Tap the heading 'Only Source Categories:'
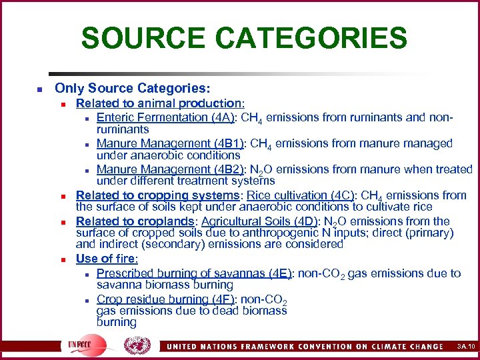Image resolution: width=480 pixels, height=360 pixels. [132, 88]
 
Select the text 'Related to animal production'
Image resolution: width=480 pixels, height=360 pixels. [159, 103]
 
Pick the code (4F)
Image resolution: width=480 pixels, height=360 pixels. [219, 299]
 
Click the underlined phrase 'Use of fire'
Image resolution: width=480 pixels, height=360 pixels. [105, 259]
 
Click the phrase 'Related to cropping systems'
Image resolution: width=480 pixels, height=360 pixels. [157, 195]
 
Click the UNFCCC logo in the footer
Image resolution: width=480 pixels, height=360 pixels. [81, 345]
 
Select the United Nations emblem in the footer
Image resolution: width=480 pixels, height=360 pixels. [137, 345]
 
